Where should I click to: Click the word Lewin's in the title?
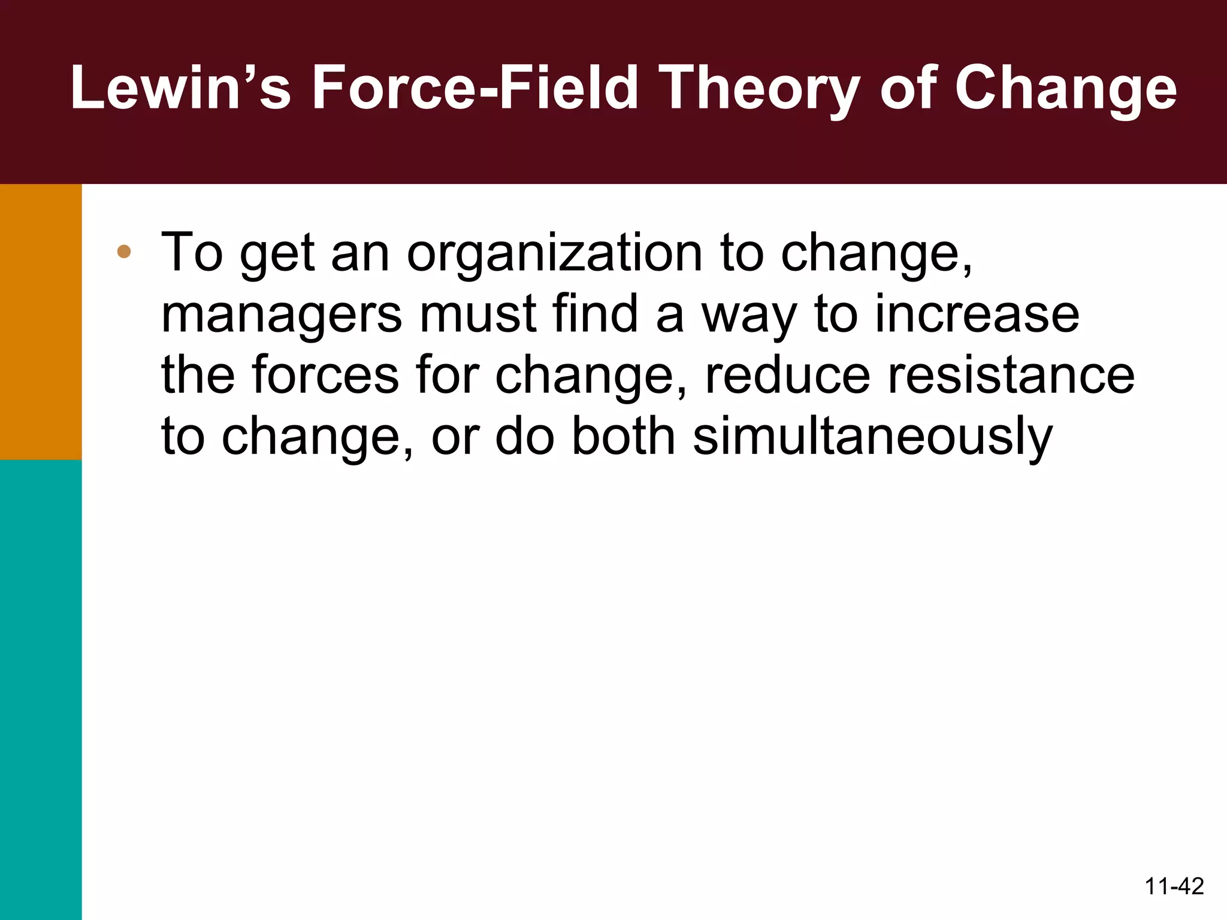click(180, 89)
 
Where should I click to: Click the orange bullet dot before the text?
click(124, 252)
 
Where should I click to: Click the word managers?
click(282, 316)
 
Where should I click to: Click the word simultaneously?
click(872, 437)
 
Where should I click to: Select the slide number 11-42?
click(1174, 886)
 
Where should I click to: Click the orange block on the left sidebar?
click(41, 322)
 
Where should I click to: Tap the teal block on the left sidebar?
click(41, 689)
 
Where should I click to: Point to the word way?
click(750, 316)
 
